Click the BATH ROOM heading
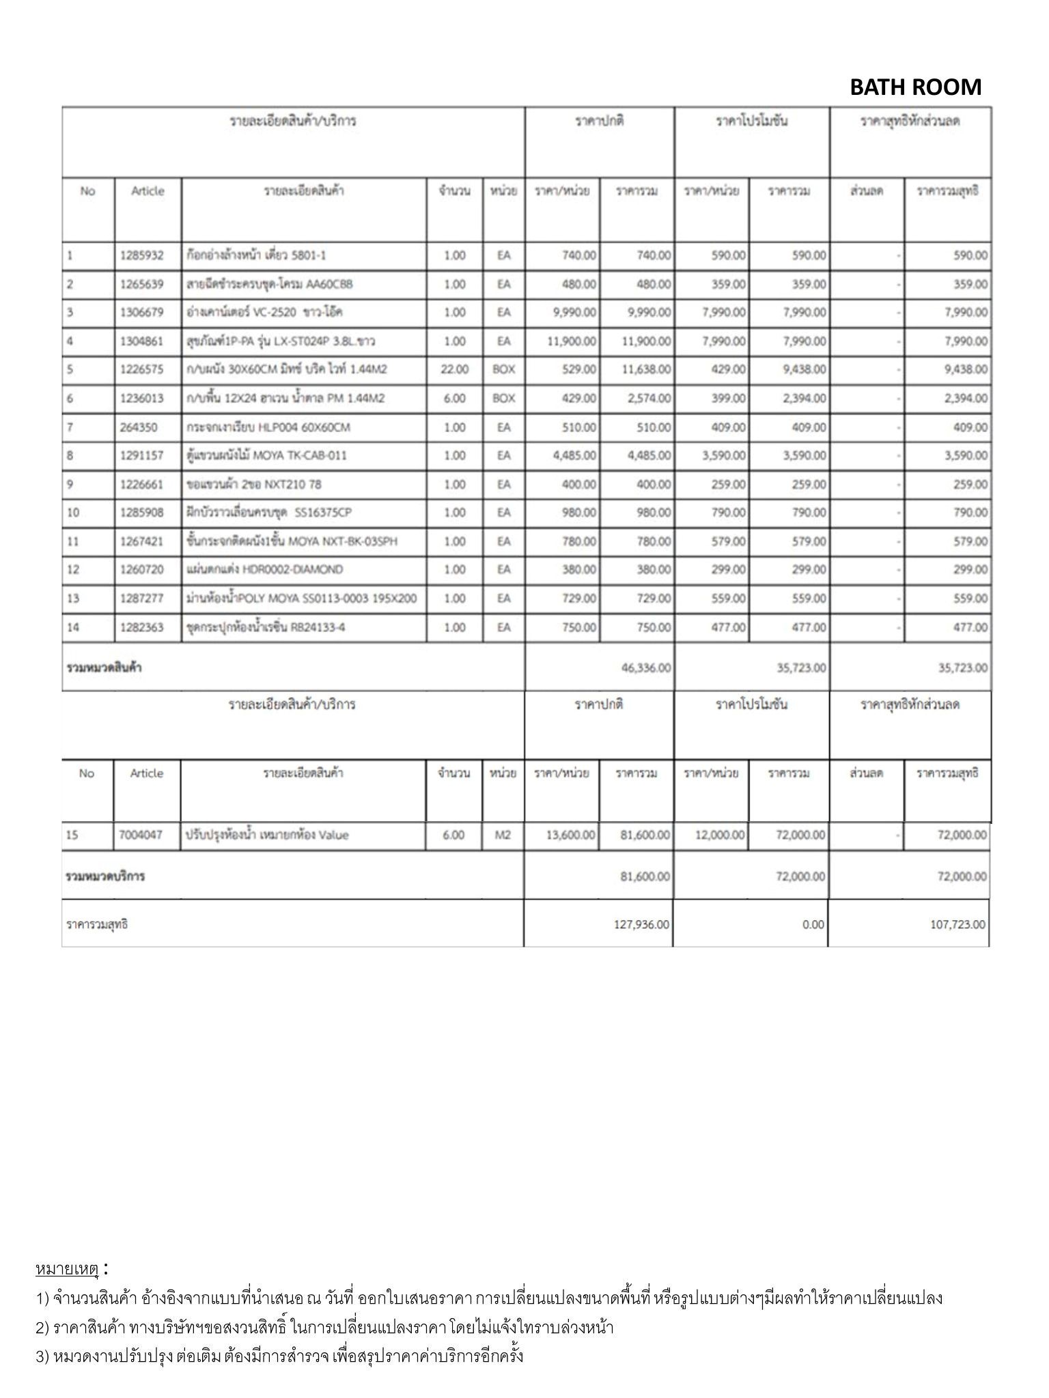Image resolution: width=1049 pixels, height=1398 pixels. pos(915,87)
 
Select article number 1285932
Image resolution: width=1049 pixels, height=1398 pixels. pos(142,256)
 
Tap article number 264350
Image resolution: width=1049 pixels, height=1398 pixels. pos(139,427)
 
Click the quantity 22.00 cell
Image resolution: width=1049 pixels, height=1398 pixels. pos(455,369)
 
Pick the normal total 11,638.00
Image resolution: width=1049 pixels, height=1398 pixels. pos(646,369)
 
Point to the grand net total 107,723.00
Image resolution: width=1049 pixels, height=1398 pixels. pos(957,925)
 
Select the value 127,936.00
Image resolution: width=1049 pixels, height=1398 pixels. pos(641,925)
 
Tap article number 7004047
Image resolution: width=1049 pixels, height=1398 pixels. pos(141,835)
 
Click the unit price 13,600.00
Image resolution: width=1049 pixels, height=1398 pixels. pos(571,835)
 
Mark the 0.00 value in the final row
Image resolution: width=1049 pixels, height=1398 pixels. pos(813,925)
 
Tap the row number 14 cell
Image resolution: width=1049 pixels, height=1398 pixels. pos(73,627)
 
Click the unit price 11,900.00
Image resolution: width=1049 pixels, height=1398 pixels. pos(572,341)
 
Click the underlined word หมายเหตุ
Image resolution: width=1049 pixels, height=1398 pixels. pos(67,1270)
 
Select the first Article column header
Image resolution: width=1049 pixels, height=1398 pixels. pos(148,191)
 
